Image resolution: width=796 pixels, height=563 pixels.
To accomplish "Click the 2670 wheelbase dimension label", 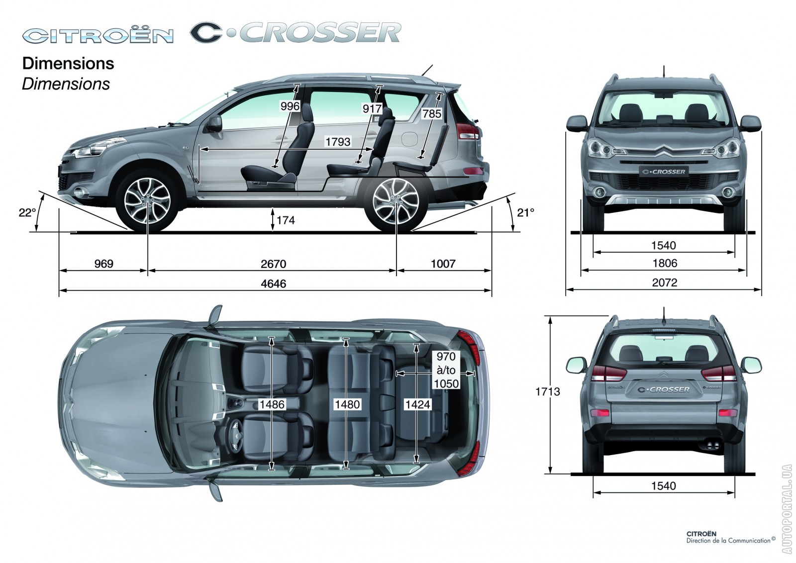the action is click(273, 264).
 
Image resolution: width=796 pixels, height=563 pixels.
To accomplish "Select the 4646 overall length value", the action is click(273, 284).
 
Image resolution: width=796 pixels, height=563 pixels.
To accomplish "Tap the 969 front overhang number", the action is click(104, 264).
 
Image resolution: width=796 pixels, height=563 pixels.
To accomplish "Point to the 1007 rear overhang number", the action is click(443, 264).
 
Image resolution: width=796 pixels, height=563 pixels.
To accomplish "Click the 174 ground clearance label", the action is click(286, 221).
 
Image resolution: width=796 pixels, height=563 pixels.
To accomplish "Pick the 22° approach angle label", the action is click(27, 213).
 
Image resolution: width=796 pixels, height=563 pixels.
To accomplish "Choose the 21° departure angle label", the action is click(525, 213).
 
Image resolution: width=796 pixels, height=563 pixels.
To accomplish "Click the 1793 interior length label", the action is click(338, 142).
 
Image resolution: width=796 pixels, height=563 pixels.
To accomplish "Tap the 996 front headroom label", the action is click(290, 106).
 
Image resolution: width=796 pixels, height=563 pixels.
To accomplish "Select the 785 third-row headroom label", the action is click(431, 114).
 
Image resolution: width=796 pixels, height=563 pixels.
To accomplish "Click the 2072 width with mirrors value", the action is click(665, 282).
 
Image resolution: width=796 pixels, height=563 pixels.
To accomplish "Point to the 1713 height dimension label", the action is click(548, 391).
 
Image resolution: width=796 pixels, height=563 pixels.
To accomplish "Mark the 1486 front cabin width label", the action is click(272, 404).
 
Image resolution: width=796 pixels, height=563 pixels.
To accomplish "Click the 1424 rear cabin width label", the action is click(417, 404).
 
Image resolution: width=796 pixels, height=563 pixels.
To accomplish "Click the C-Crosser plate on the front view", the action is click(663, 172).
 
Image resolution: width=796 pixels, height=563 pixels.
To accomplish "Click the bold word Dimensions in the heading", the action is click(68, 64).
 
